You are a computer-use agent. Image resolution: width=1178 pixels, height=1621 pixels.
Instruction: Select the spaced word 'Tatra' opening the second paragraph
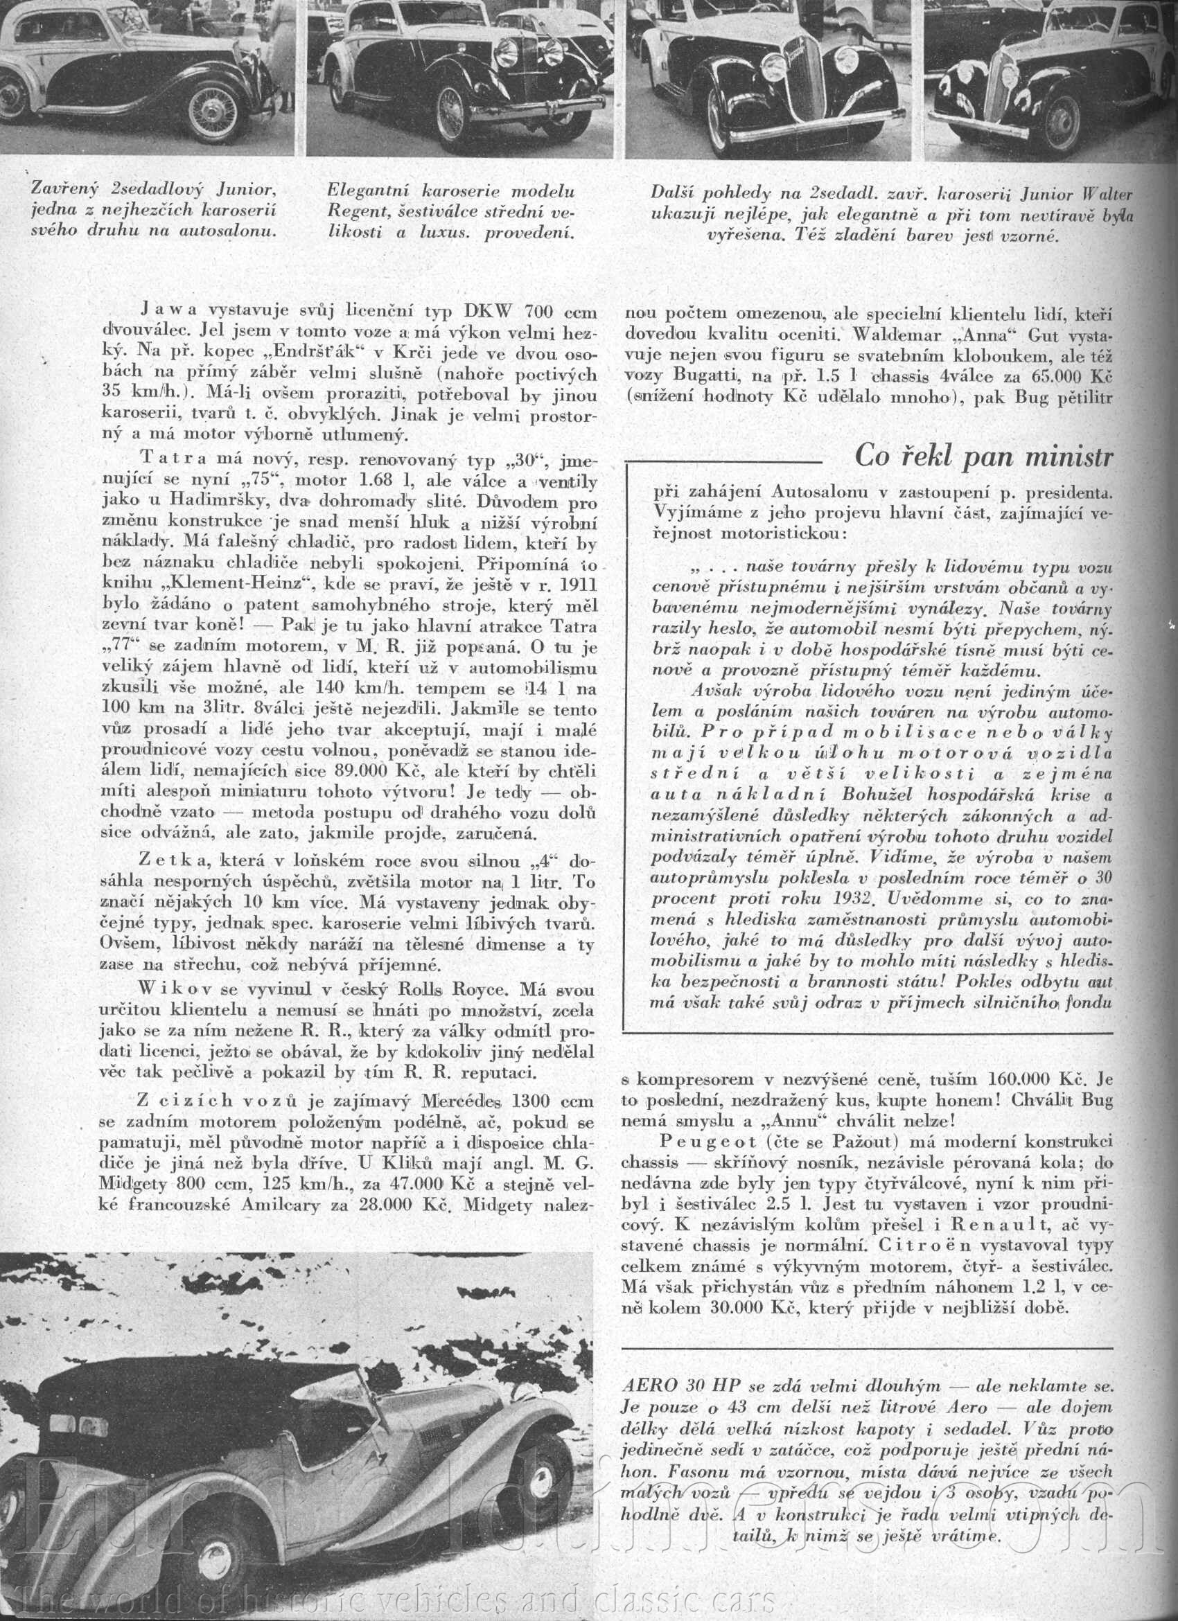click(x=168, y=457)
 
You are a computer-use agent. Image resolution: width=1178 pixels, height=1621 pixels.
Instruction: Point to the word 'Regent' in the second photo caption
click(x=355, y=212)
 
